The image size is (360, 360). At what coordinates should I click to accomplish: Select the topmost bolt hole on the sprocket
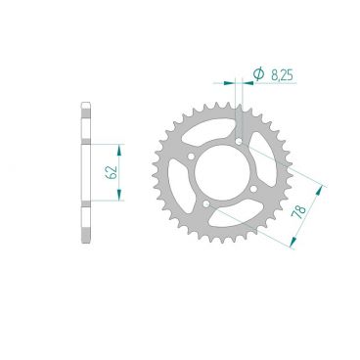(x=240, y=141)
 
